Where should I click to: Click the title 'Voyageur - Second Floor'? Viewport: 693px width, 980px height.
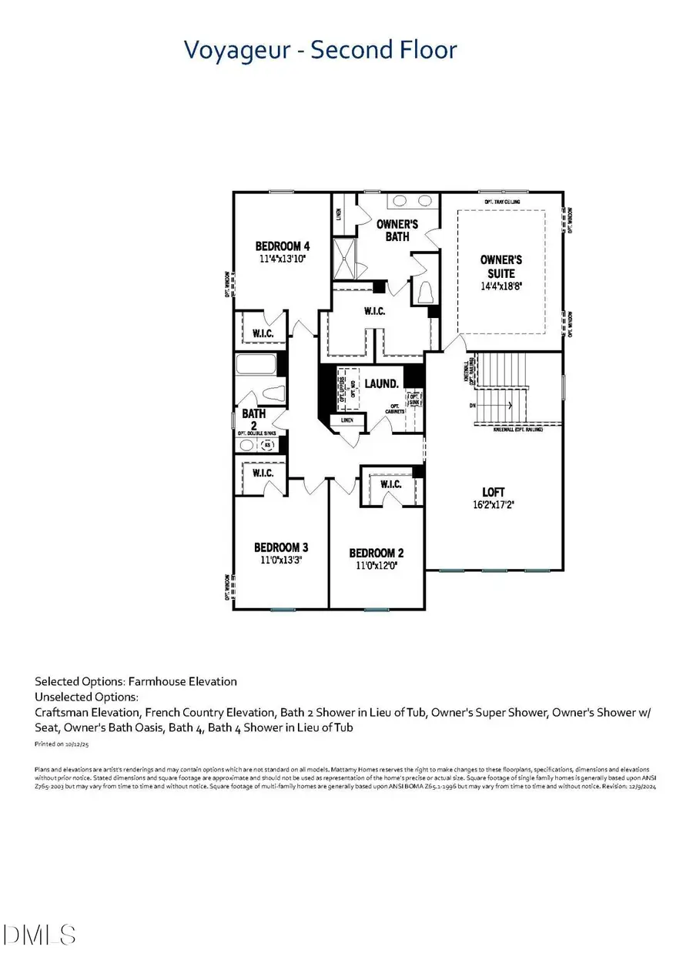click(x=320, y=50)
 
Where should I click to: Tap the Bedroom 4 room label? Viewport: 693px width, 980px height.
click(x=282, y=246)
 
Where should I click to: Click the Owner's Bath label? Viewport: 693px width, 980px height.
click(x=397, y=230)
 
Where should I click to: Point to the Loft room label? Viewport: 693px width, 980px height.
click(x=494, y=492)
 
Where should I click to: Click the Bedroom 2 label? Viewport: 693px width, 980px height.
click(x=376, y=553)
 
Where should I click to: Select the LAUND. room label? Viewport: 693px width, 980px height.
click(x=381, y=383)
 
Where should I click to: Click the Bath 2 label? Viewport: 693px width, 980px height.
click(x=253, y=419)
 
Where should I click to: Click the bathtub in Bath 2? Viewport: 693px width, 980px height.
click(x=257, y=365)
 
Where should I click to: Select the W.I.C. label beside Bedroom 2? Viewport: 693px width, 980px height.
click(x=390, y=484)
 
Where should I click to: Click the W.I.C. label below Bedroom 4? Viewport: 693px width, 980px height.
click(x=262, y=333)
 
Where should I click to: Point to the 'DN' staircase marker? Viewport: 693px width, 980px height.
click(x=473, y=405)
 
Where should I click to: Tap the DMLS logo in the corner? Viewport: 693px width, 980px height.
click(x=40, y=935)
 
